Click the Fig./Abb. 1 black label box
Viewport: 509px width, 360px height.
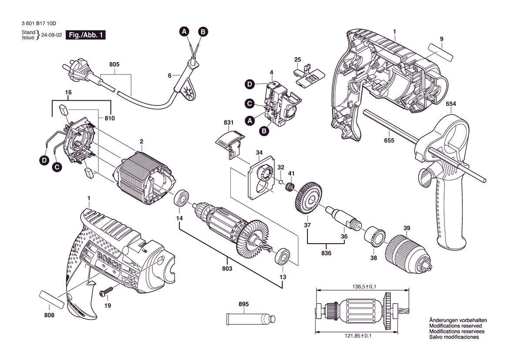click(x=86, y=35)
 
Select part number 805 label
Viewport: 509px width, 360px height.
click(x=114, y=65)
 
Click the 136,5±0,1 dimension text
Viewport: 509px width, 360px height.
click(x=364, y=287)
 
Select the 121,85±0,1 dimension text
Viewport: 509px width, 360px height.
click(x=358, y=336)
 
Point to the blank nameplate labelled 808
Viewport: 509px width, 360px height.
click(x=51, y=300)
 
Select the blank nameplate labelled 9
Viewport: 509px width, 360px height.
click(x=440, y=52)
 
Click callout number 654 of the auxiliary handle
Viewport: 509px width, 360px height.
click(x=451, y=104)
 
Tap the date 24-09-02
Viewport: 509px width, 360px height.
click(x=52, y=35)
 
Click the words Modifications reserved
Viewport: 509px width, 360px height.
click(x=455, y=326)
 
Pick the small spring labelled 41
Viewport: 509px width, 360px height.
click(x=290, y=187)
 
